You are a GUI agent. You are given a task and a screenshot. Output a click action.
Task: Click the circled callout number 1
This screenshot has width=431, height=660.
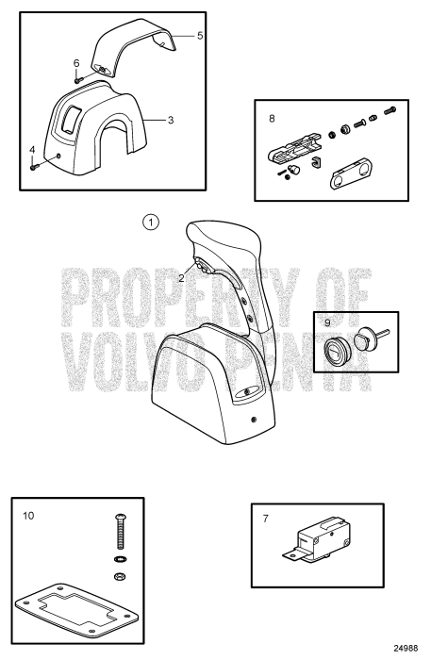point(150,222)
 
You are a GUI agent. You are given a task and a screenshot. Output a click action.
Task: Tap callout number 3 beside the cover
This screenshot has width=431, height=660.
point(171,121)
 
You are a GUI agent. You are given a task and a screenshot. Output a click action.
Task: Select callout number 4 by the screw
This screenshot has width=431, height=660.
point(33,148)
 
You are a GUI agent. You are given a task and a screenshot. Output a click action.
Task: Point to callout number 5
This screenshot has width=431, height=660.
point(199,35)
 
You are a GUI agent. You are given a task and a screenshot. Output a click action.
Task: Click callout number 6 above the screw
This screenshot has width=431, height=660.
point(76,62)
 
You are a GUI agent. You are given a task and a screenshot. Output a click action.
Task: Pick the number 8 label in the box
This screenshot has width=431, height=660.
point(273,120)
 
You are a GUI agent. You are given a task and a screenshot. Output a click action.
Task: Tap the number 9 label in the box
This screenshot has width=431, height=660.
point(328,322)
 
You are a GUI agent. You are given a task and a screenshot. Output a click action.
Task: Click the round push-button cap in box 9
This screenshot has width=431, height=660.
point(338,350)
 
